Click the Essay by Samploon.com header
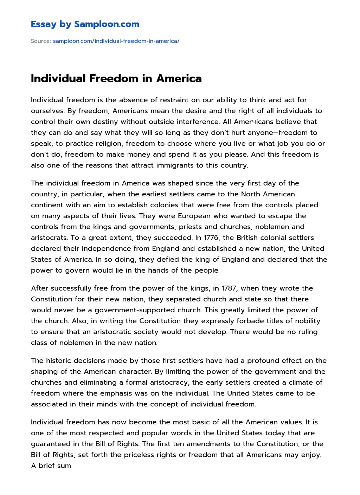coord(85,24)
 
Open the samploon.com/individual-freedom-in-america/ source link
coord(116,41)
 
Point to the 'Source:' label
coord(41,41)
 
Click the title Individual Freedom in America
coord(116,78)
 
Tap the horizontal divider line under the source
coord(180,51)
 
